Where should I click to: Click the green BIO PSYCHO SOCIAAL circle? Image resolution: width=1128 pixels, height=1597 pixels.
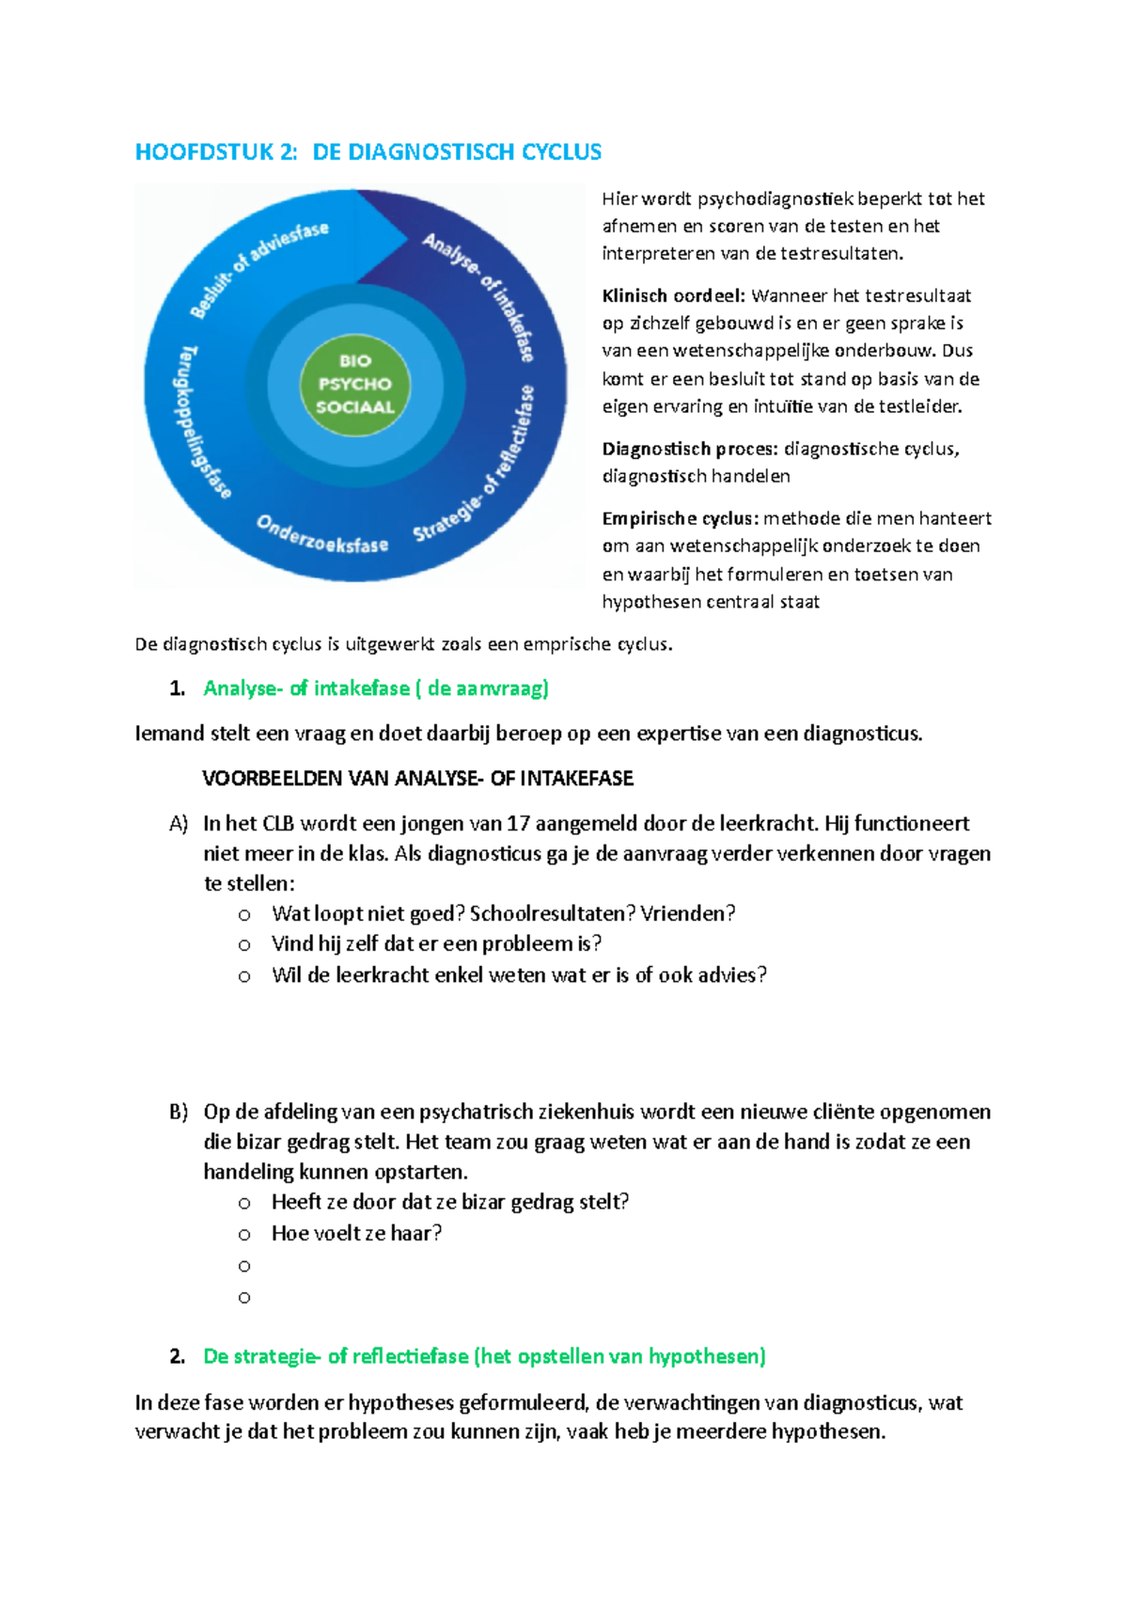tap(355, 384)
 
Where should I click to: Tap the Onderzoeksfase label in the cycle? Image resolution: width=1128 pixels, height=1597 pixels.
tap(322, 535)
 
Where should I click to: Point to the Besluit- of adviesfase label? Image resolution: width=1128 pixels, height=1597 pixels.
tap(258, 269)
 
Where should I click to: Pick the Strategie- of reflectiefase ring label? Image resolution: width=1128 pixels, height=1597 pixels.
tap(475, 464)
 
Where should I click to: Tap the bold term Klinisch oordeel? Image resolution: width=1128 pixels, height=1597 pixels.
tap(673, 295)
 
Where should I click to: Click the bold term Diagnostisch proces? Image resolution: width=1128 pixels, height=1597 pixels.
tap(690, 450)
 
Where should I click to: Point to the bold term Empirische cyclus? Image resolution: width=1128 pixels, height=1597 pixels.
tap(681, 518)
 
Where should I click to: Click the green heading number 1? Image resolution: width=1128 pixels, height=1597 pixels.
tap(178, 688)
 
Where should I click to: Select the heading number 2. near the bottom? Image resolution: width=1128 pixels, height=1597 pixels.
tap(178, 1357)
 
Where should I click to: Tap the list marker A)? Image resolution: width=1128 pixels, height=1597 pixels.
tap(179, 824)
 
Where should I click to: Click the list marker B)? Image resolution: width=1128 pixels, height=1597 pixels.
tap(179, 1113)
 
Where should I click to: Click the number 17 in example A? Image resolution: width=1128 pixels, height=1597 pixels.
tap(518, 824)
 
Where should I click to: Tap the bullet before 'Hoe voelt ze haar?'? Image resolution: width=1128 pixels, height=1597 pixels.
tap(244, 1235)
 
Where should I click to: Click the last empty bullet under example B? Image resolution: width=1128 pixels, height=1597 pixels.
tap(244, 1298)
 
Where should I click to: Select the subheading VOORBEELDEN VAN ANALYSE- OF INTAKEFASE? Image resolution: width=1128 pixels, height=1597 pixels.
tap(417, 779)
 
